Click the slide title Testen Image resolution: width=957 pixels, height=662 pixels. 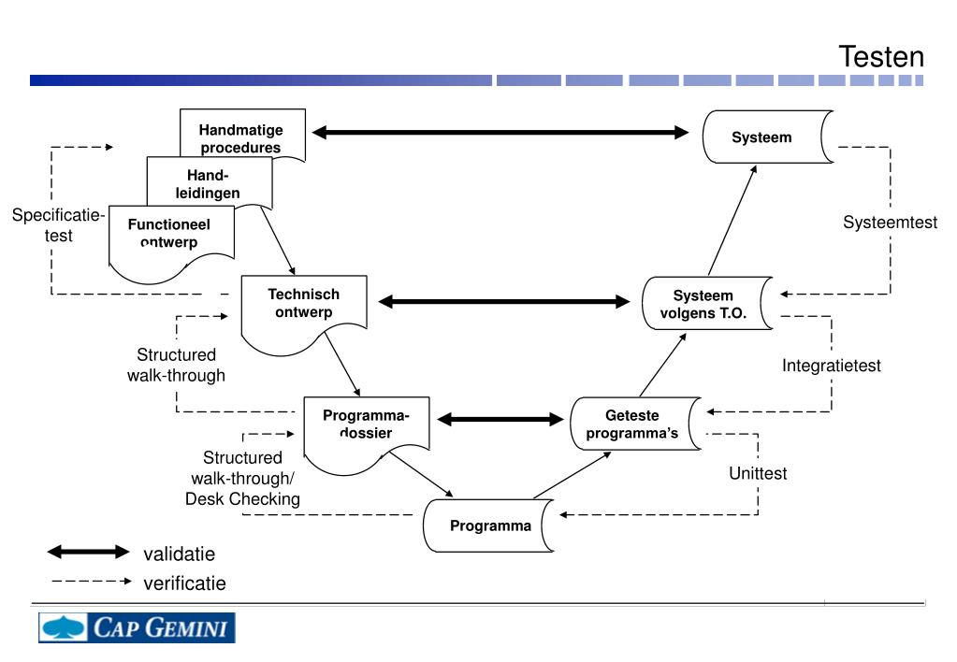[x=881, y=57]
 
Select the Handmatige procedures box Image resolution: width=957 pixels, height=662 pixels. [x=241, y=137]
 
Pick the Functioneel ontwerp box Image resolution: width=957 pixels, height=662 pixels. [x=169, y=235]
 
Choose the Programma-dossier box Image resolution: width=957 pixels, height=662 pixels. [x=366, y=425]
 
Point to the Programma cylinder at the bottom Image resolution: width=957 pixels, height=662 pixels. [x=490, y=525]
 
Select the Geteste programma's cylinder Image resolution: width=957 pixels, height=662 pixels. [x=633, y=424]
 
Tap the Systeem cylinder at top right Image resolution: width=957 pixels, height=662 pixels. [x=762, y=137]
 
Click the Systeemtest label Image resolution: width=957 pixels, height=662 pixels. [x=889, y=223]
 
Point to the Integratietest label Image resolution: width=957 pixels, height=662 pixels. [x=832, y=366]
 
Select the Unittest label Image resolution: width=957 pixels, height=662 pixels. [x=758, y=473]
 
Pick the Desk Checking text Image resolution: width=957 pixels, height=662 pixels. [x=242, y=498]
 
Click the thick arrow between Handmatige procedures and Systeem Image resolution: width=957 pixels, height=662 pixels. [x=500, y=133]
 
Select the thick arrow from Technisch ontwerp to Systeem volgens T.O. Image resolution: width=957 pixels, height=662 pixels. [x=504, y=301]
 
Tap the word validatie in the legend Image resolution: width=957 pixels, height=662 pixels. [x=179, y=554]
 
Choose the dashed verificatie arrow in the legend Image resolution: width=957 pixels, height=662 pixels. [x=91, y=582]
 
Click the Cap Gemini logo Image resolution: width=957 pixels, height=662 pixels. [x=137, y=627]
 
